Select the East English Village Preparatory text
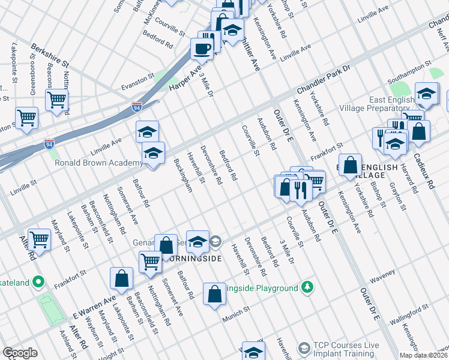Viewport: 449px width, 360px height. pos(401,104)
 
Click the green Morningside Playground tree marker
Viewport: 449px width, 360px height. pos(307,287)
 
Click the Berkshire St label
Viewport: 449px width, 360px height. pos(50,55)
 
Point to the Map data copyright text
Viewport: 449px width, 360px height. pos(423,355)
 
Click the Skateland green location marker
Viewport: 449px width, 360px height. pos(38,281)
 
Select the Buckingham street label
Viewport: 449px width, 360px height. pos(182,175)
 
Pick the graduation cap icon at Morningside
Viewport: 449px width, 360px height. pos(197,241)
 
